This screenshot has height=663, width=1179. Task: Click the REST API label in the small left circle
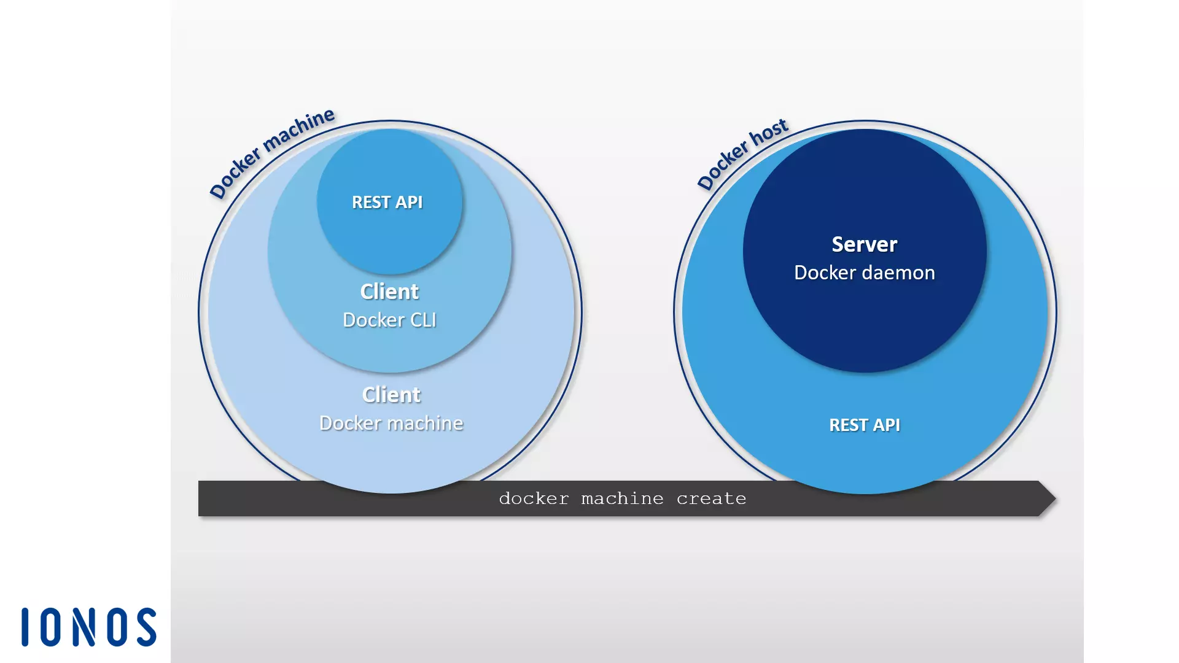[x=387, y=202]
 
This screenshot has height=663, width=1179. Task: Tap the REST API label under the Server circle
[x=865, y=425]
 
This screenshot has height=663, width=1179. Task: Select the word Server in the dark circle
[x=864, y=244]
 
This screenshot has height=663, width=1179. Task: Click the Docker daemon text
[x=864, y=273]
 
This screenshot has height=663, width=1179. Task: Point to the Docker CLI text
[x=389, y=320]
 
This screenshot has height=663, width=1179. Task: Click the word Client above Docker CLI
[x=389, y=292]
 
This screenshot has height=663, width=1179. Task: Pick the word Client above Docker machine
[x=391, y=395]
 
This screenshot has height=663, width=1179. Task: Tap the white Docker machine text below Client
[x=391, y=423]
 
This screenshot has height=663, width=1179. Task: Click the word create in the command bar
[x=711, y=498]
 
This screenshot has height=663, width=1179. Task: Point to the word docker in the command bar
[x=534, y=498]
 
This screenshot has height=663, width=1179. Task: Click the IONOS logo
[x=89, y=627]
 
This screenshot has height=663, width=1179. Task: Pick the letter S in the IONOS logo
[x=147, y=627]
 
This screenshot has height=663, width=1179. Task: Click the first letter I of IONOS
[x=25, y=627]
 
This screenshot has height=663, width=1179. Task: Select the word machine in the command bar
[x=622, y=498]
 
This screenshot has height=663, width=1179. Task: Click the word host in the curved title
[x=769, y=131]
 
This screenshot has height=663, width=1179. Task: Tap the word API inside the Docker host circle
[x=886, y=425]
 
